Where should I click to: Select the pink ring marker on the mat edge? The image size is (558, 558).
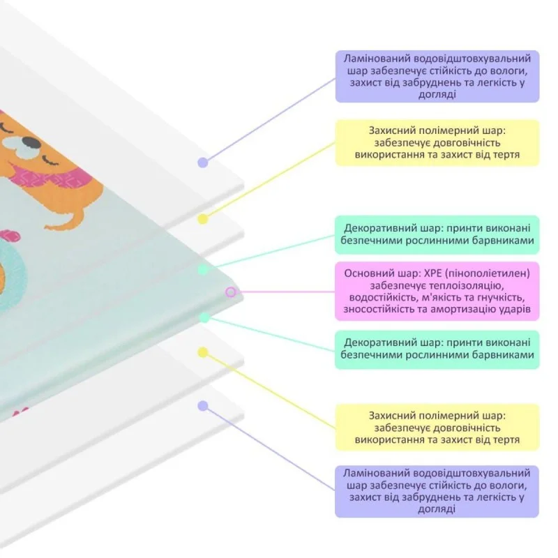231,292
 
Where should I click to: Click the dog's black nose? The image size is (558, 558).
33,142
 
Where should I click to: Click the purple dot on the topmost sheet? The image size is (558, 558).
203,163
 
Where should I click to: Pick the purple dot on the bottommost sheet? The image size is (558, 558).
203,406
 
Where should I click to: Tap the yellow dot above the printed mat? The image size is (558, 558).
203,219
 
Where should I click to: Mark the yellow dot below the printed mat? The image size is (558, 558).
203,352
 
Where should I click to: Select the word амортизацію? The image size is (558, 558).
465,309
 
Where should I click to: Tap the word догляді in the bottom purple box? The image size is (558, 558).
437,509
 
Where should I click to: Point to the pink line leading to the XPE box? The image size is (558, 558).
285,292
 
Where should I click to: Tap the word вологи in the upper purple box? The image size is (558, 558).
509,70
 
